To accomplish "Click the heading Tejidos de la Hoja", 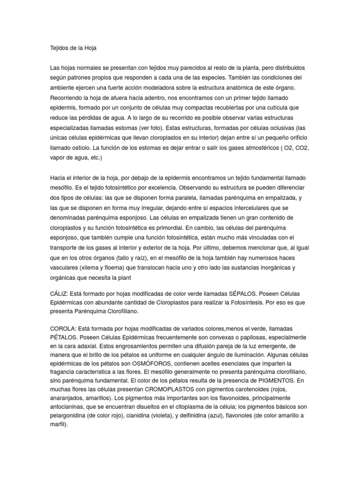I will click(x=72, y=48).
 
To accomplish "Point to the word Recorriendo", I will click(x=68, y=97).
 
